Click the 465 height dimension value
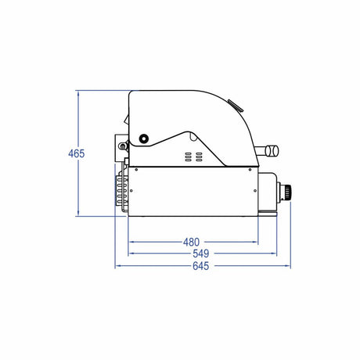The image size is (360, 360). point(77,153)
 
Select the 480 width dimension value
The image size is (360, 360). point(191,242)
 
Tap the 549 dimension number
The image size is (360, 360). point(201,254)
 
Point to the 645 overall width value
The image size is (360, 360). point(201,266)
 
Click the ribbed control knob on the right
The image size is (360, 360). point(288,193)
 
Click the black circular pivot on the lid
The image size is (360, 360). point(143,139)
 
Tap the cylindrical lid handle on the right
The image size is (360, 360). point(272,150)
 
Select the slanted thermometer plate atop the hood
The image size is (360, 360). point(236,106)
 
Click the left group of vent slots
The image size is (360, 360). point(189,157)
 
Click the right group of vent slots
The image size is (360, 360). point(199,157)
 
